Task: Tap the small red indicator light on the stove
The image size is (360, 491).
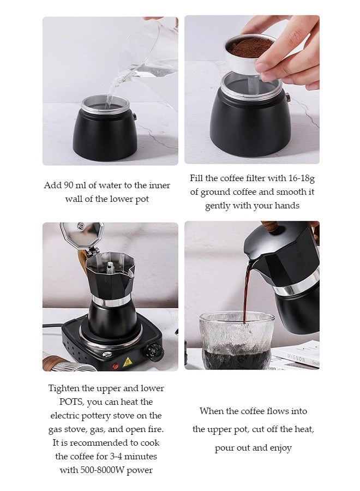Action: (x=116, y=366)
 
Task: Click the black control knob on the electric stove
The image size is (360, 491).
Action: (x=154, y=351)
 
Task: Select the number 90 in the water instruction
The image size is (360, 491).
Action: (x=69, y=185)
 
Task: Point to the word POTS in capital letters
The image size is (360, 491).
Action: (x=71, y=402)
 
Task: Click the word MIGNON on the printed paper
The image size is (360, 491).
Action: (x=296, y=358)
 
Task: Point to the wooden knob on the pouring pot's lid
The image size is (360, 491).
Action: (x=270, y=226)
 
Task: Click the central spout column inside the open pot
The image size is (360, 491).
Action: (x=110, y=268)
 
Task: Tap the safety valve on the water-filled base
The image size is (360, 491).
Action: (x=135, y=117)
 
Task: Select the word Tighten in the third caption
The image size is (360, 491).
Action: (x=64, y=388)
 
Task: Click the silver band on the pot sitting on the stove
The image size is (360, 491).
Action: (x=111, y=301)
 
